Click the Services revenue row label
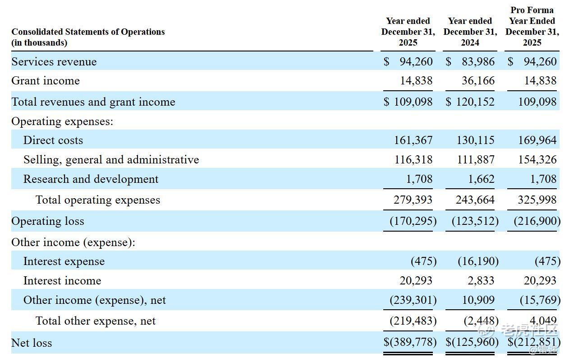tap(54, 61)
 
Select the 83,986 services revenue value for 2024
tap(478, 61)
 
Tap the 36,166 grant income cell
tap(478, 81)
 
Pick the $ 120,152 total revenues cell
tap(470, 102)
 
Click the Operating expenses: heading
tap(62, 121)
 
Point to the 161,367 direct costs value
tap(413, 140)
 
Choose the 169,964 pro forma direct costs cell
tap(537, 140)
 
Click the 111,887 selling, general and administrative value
tap(476, 159)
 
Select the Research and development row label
tap(91, 179)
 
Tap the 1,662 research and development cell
tap(481, 179)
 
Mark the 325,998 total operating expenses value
tap(537, 200)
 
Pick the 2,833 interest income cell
tap(481, 280)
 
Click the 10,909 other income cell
tap(478, 300)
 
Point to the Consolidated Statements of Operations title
tap(88, 32)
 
